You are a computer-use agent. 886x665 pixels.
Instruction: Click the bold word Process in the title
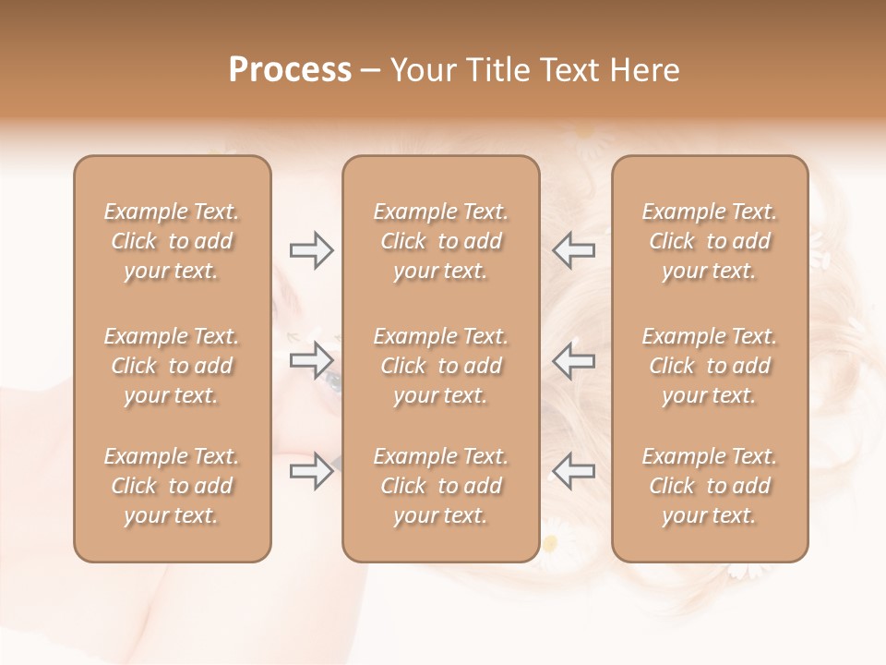click(x=290, y=69)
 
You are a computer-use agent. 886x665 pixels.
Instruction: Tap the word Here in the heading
click(x=644, y=69)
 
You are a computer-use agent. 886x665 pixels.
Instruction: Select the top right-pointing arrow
click(x=311, y=250)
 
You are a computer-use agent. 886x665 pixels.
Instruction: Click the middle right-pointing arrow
click(x=311, y=360)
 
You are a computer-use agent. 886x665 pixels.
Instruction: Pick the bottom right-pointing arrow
click(x=311, y=471)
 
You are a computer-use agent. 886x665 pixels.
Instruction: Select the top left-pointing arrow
click(x=574, y=250)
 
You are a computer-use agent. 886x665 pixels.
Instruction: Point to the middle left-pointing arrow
click(x=574, y=360)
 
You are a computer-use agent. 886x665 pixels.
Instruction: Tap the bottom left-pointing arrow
click(x=574, y=471)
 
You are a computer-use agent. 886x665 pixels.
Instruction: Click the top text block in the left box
click(x=172, y=241)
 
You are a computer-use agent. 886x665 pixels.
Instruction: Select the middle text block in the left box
click(x=172, y=366)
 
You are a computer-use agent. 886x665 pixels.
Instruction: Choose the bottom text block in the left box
click(x=172, y=486)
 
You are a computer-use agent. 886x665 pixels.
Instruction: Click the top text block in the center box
click(x=440, y=241)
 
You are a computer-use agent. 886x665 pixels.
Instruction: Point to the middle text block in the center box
click(x=440, y=366)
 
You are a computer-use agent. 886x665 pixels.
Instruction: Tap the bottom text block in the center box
click(x=440, y=486)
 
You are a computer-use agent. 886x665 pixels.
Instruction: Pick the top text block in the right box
click(x=709, y=241)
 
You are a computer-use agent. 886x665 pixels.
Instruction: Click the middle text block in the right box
click(x=709, y=366)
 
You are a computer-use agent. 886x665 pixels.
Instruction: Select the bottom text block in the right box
click(x=709, y=486)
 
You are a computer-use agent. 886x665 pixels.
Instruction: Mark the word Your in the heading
click(x=421, y=69)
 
